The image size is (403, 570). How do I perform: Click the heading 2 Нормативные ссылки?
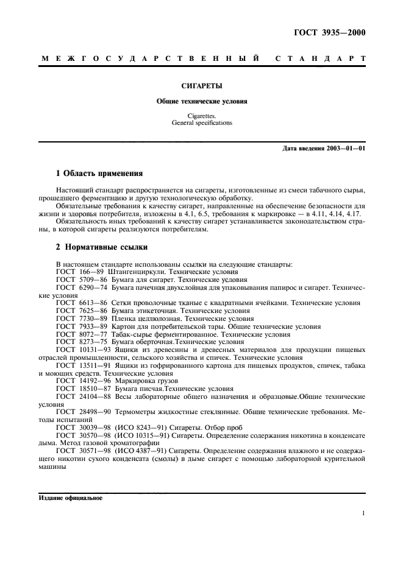point(100,248)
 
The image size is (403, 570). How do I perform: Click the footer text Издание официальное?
point(71,498)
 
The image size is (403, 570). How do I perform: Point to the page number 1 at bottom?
point(363,513)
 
